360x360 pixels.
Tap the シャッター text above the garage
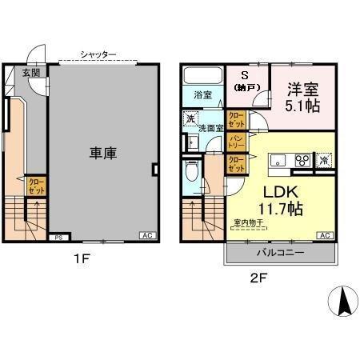click(98, 54)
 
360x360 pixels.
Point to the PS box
click(58, 237)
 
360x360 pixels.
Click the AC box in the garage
click(147, 235)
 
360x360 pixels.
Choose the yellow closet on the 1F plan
click(36, 187)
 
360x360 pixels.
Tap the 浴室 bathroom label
click(203, 95)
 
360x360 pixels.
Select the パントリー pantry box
click(237, 143)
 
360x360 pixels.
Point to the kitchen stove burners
click(303, 159)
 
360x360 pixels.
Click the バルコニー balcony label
click(280, 252)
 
